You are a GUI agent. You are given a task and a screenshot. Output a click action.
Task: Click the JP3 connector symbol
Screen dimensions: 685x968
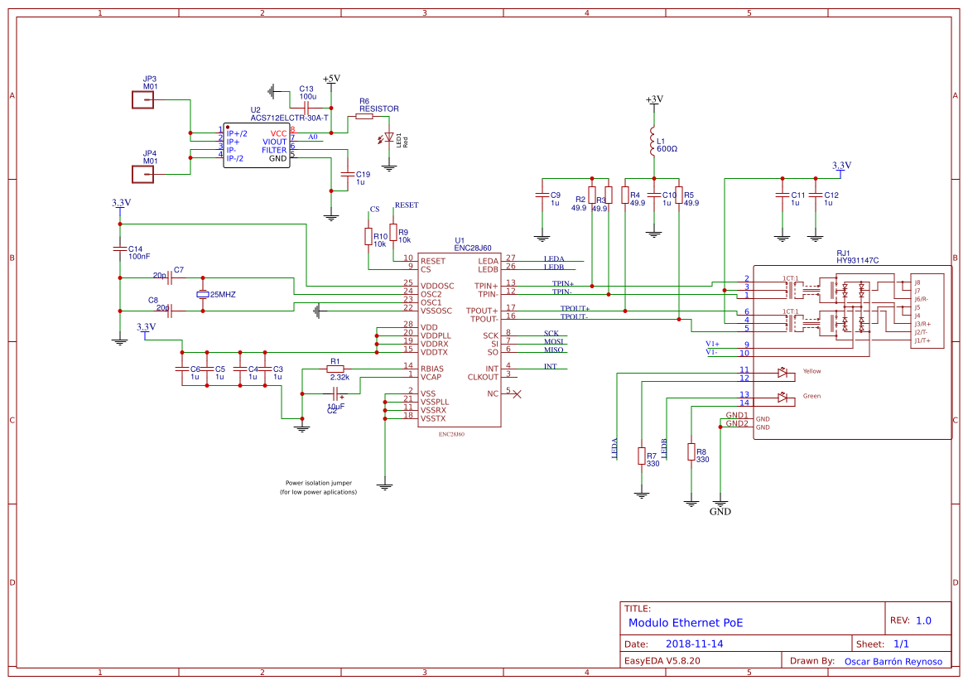point(142,100)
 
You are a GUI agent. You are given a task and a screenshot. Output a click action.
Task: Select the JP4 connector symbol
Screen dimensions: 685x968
point(142,174)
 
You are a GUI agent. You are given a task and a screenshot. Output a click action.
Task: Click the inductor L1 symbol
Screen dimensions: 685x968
point(653,143)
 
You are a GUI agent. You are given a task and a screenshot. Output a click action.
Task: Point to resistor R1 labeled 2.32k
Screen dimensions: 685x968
point(335,369)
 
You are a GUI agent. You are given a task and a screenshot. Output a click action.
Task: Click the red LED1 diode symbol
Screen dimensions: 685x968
point(389,137)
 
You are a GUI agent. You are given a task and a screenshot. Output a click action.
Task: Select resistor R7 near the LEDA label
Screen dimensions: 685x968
point(641,456)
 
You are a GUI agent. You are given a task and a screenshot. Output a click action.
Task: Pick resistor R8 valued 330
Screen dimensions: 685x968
point(691,451)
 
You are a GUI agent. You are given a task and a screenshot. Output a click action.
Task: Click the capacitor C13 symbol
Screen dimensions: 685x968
point(306,108)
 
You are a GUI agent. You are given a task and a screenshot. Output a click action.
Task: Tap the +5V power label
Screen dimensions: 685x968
point(331,79)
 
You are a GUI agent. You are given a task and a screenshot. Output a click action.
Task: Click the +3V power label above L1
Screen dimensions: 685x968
point(654,99)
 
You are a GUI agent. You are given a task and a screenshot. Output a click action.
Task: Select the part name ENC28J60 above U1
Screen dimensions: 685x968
point(472,248)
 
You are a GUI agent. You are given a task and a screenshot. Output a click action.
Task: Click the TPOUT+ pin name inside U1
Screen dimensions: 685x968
point(484,311)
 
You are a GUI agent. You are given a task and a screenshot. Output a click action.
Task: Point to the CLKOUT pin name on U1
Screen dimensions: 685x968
point(483,377)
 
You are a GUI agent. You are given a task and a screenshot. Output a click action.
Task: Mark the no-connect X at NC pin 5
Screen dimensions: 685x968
point(518,393)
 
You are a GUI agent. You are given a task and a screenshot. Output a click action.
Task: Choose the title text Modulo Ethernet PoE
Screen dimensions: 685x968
point(686,623)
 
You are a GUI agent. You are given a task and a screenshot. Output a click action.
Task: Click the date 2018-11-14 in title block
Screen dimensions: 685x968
point(695,644)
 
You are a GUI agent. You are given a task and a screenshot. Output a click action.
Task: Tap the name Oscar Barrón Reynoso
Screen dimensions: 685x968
point(893,661)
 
